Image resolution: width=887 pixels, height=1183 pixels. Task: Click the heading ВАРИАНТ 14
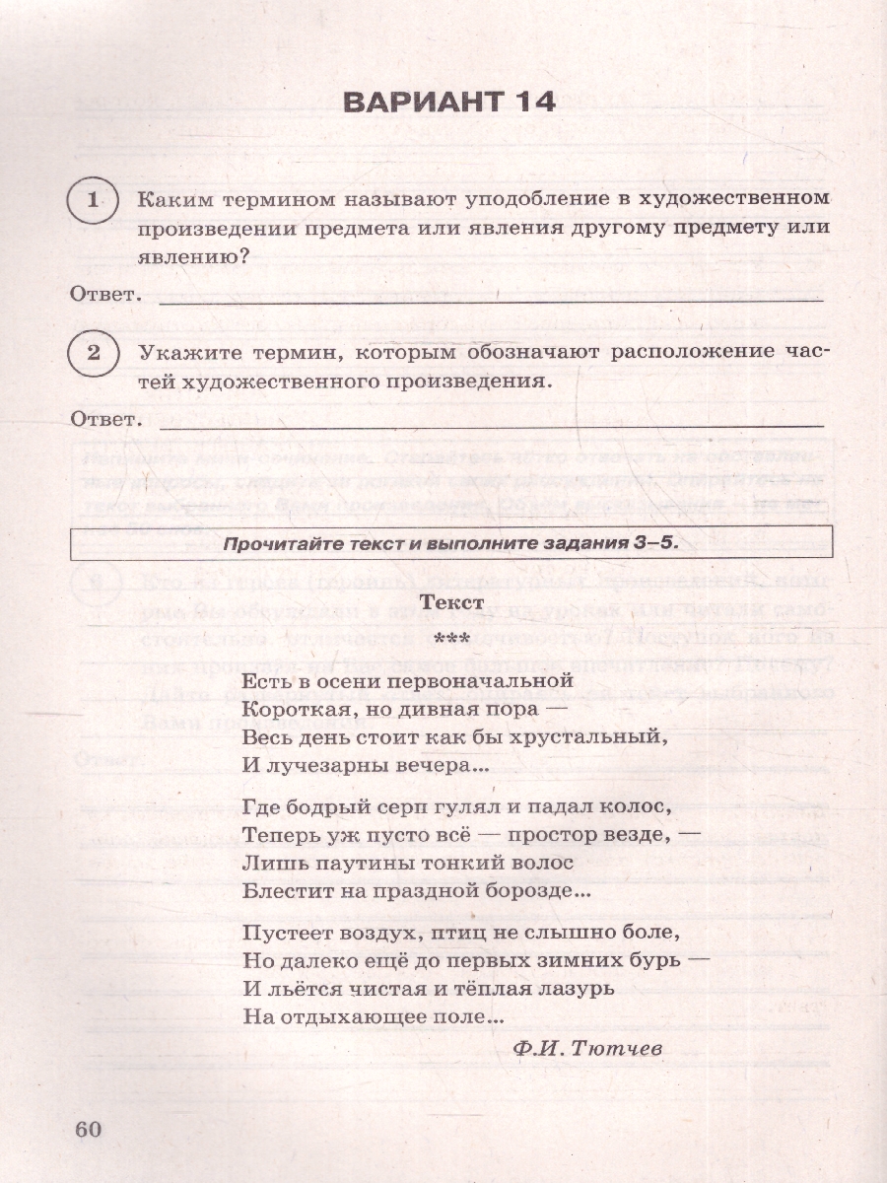[447, 102]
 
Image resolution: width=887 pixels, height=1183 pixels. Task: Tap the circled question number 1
[93, 200]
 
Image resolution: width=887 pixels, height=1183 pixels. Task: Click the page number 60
[89, 1130]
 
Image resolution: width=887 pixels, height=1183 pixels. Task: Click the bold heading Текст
[450, 601]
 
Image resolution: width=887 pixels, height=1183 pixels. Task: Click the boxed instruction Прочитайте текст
[450, 543]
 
